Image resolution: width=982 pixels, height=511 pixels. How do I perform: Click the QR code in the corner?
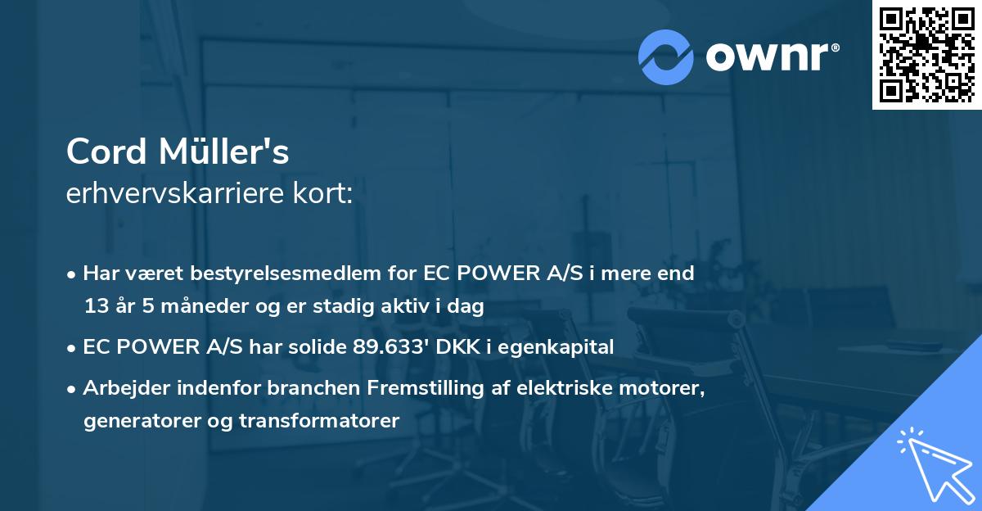(x=926, y=55)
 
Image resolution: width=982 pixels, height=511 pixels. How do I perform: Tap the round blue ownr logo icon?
(x=666, y=57)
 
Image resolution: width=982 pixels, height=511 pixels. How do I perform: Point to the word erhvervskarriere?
(x=178, y=195)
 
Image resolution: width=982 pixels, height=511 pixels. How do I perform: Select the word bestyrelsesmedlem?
(x=280, y=274)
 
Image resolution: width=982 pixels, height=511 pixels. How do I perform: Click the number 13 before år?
(x=96, y=306)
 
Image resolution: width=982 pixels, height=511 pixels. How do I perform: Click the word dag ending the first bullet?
(x=466, y=306)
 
